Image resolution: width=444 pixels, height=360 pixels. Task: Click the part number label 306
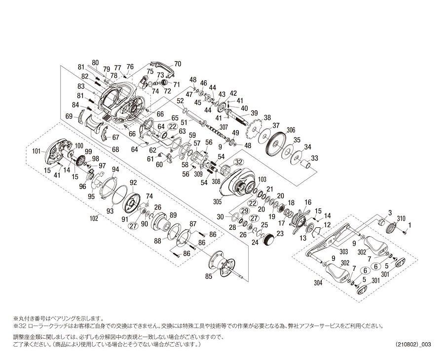(291, 130)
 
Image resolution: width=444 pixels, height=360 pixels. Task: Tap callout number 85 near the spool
(209, 276)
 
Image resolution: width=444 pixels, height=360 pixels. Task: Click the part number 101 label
(37, 151)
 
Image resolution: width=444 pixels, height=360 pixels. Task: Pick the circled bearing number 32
(239, 162)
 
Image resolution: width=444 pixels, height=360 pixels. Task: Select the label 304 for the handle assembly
(318, 283)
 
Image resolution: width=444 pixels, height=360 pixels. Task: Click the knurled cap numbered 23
(269, 240)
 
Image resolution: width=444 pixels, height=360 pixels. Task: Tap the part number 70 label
(178, 64)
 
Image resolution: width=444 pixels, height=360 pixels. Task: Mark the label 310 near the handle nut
(401, 218)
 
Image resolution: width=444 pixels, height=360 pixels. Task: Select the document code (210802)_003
(413, 344)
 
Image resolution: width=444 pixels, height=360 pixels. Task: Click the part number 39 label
(254, 113)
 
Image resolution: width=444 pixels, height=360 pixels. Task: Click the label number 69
(69, 116)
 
